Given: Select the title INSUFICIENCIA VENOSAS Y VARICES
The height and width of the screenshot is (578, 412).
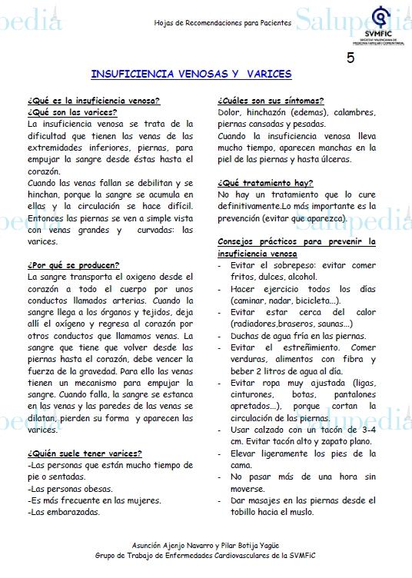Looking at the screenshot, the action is coord(191,75).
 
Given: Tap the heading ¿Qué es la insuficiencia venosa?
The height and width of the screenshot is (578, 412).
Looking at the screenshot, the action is coord(94,101).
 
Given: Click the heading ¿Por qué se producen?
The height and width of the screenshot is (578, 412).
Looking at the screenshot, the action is coord(73,265).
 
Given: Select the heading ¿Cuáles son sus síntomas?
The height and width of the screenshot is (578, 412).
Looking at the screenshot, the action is coord(271,101).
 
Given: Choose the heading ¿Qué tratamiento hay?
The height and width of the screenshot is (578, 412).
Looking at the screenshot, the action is coord(265,183).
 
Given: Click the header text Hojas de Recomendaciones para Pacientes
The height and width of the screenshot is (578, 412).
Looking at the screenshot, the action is coord(222,23).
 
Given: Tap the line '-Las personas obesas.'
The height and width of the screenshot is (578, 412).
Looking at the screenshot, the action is coord(70,489).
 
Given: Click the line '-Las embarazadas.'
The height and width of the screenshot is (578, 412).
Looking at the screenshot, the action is coord(63,511).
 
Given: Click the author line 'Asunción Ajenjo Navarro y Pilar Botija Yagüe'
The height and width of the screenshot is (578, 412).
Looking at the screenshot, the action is coord(205,543).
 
